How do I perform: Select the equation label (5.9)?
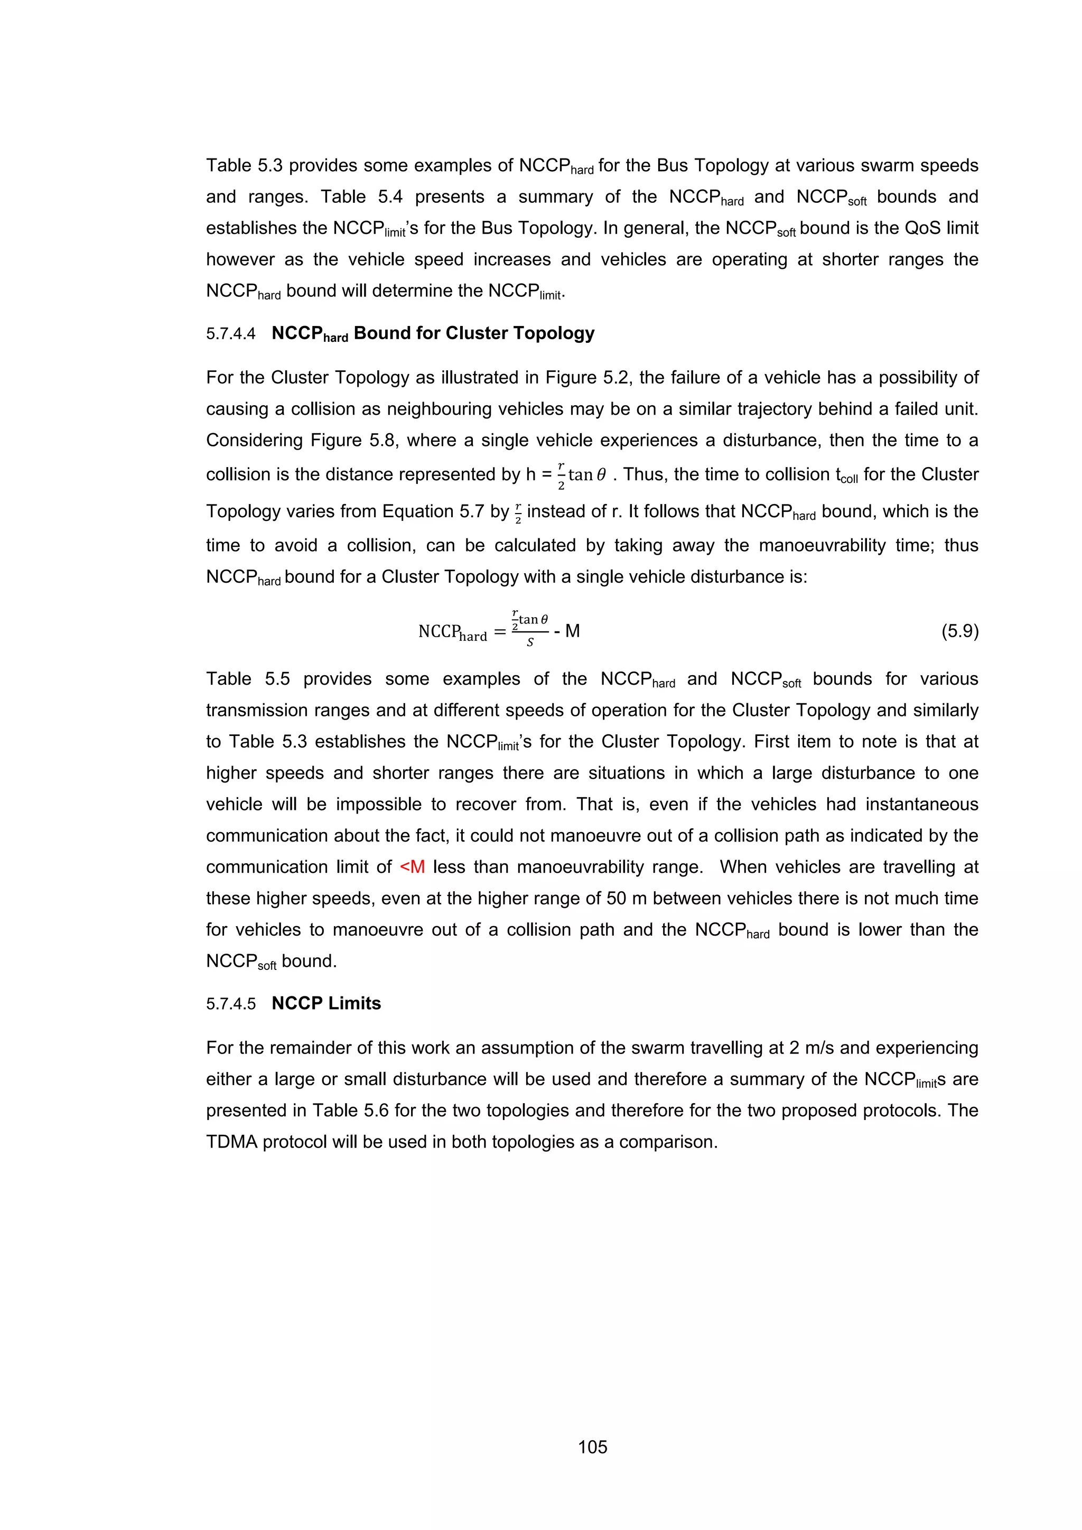(x=959, y=631)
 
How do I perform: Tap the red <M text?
(x=413, y=867)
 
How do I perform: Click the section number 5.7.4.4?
(x=230, y=334)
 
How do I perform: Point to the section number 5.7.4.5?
(x=230, y=1004)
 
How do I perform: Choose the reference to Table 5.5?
(x=248, y=679)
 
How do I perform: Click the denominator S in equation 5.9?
(x=530, y=643)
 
